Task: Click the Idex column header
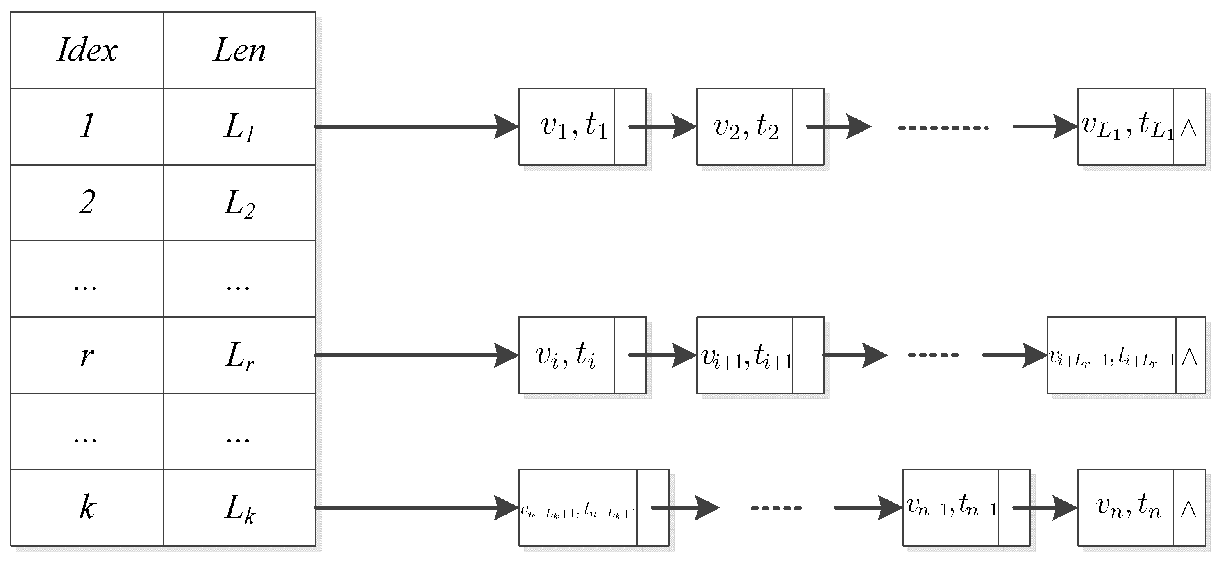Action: tap(87, 50)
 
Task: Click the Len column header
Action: tap(239, 50)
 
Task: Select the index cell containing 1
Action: tap(87, 126)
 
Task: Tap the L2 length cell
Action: tap(239, 203)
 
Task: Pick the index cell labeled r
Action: tap(87, 355)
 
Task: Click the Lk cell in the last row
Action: tap(239, 508)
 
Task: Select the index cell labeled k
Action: tap(87, 508)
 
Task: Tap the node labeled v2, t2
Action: tap(746, 126)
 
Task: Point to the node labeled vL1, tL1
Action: tap(1126, 126)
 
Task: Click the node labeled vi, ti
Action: tap(566, 355)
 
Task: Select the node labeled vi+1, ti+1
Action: tap(746, 355)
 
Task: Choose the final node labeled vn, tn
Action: tap(1128, 508)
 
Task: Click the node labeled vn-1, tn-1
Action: tap(951, 508)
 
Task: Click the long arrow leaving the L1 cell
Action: tap(414, 126)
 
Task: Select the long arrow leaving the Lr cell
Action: tap(414, 355)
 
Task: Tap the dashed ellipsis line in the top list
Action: tap(943, 128)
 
